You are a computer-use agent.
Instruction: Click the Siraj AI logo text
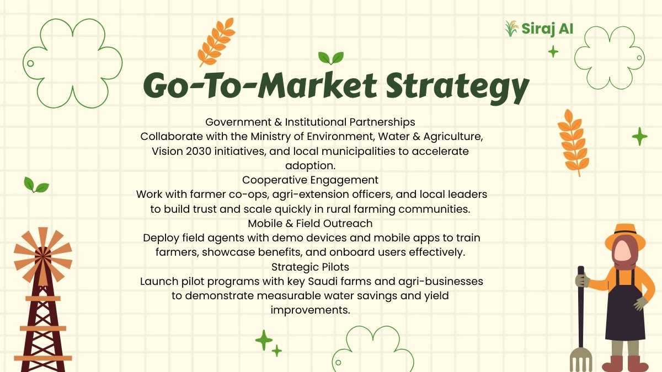coord(547,29)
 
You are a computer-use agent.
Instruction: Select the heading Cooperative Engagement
coord(310,180)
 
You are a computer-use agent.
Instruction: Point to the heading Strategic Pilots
coord(310,267)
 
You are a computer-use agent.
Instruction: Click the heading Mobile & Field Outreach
coord(310,224)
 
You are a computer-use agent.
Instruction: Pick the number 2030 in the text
coord(199,151)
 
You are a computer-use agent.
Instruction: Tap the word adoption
coord(310,166)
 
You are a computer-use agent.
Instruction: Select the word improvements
coord(310,310)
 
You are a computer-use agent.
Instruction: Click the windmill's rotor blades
coord(43,256)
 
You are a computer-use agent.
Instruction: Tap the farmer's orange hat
coord(624,236)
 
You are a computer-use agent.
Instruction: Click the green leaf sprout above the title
coord(330,58)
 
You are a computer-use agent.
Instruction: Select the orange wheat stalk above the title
coord(217,42)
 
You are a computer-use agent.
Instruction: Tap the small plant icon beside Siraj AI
coord(511,29)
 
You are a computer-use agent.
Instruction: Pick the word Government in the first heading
coord(238,122)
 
